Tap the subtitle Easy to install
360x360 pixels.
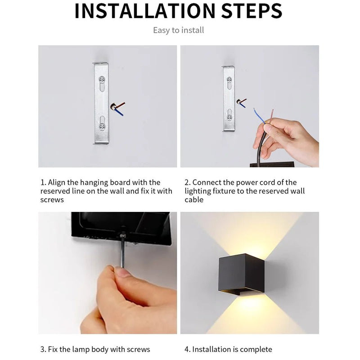179,31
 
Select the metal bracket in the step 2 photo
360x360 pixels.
229,99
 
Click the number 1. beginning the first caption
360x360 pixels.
43,183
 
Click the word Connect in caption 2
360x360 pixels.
207,183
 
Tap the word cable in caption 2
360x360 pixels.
194,199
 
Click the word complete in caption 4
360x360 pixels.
256,349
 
